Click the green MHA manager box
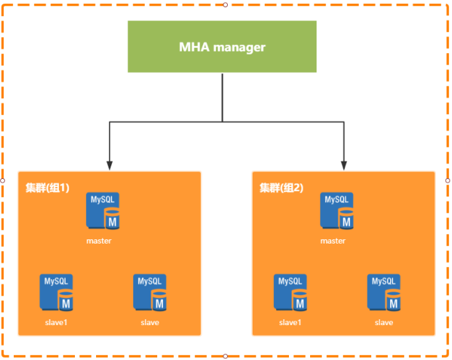coord(222,47)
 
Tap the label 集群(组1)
coord(47,188)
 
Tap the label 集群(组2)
coord(282,188)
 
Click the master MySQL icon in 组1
coord(103,212)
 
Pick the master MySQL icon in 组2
coord(337,212)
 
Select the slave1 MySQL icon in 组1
coord(56,292)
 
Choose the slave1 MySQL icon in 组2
coord(290,292)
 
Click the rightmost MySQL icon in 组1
coord(150,292)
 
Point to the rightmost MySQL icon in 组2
coord(384,292)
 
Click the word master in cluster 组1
coord(98,241)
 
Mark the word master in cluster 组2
coord(333,241)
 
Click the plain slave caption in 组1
coord(150,322)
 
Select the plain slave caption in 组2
coord(384,322)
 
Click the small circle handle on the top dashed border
coord(225,4)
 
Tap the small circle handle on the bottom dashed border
coord(225,356)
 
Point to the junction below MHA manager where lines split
coord(222,121)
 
